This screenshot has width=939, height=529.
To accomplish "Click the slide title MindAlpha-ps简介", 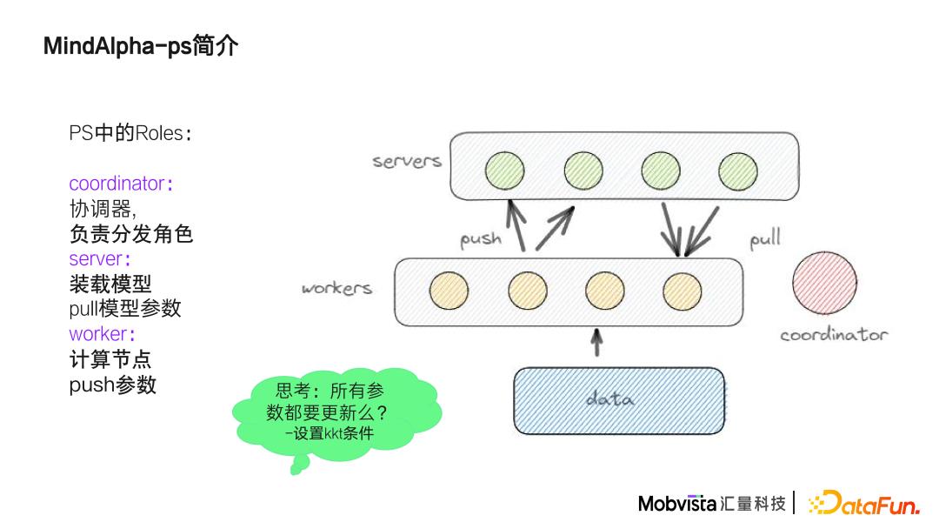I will (x=140, y=46).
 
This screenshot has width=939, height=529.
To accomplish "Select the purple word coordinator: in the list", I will (x=121, y=184).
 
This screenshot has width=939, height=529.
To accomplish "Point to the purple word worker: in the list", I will (x=103, y=334).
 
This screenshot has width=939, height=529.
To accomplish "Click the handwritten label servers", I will (x=407, y=161).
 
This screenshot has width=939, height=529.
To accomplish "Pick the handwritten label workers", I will (x=336, y=288).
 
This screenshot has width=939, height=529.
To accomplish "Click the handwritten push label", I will (x=481, y=238).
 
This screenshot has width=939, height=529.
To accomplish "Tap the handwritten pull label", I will (x=765, y=238).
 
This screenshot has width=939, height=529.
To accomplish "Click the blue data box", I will (x=619, y=399).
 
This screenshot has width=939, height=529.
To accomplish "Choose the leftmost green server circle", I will (x=505, y=170).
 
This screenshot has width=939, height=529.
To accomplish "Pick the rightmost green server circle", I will (x=738, y=171).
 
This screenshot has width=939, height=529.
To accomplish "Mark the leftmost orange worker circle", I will (x=449, y=291).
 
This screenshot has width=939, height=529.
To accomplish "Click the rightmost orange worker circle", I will (x=682, y=291).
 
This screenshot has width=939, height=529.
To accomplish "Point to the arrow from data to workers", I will (x=596, y=342).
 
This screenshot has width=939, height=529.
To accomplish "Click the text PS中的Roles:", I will (x=130, y=133).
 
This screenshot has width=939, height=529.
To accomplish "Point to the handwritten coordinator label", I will (x=834, y=335).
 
